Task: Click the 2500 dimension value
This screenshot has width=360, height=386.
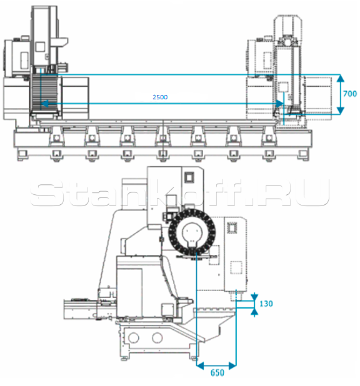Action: click(160, 97)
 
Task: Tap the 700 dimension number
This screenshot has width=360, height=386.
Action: click(350, 94)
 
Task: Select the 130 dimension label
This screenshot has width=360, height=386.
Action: click(266, 304)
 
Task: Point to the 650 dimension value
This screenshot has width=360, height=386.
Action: click(217, 373)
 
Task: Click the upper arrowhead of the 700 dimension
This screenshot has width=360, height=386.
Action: click(340, 78)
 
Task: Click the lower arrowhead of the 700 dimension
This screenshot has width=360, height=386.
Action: click(340, 111)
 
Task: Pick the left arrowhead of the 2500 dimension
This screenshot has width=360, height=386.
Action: click(44, 104)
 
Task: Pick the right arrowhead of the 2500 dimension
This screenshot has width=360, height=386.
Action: click(280, 104)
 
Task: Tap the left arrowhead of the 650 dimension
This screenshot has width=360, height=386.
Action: click(201, 366)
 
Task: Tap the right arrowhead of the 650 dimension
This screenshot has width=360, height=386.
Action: click(232, 366)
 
